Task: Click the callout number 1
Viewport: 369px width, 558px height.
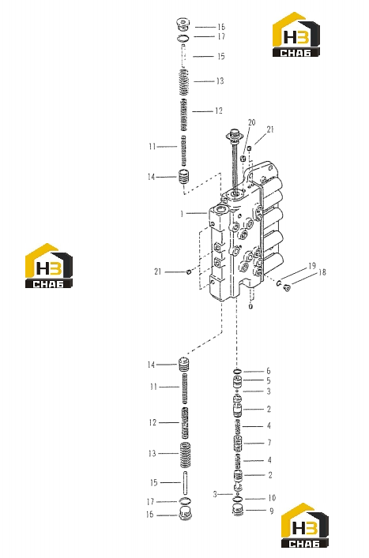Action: tap(182, 214)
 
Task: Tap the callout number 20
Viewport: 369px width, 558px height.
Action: tap(252, 122)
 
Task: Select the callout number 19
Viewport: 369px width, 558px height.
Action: tap(312, 266)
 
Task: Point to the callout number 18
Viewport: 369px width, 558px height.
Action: tap(322, 272)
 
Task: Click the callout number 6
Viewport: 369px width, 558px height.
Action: tap(269, 371)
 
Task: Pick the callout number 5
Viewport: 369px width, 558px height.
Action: tap(269, 380)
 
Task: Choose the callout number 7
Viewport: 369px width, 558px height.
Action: tap(269, 443)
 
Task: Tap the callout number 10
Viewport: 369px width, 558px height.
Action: tap(272, 498)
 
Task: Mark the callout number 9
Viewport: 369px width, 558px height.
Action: tap(272, 511)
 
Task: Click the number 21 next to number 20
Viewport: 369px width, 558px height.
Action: tap(270, 129)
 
